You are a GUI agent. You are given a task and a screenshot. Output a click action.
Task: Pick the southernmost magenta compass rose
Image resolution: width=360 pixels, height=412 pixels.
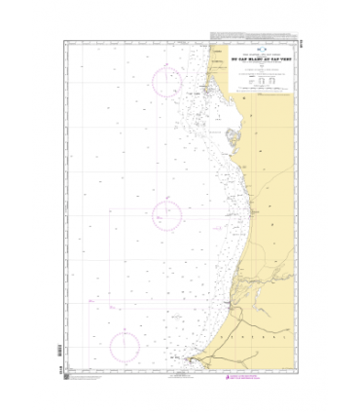click(x=125, y=347)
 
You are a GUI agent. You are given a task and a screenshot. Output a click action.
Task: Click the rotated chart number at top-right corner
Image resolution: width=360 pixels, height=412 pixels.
click(x=298, y=41)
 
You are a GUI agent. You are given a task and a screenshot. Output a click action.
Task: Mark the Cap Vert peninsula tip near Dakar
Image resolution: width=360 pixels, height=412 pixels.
click(x=192, y=359)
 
